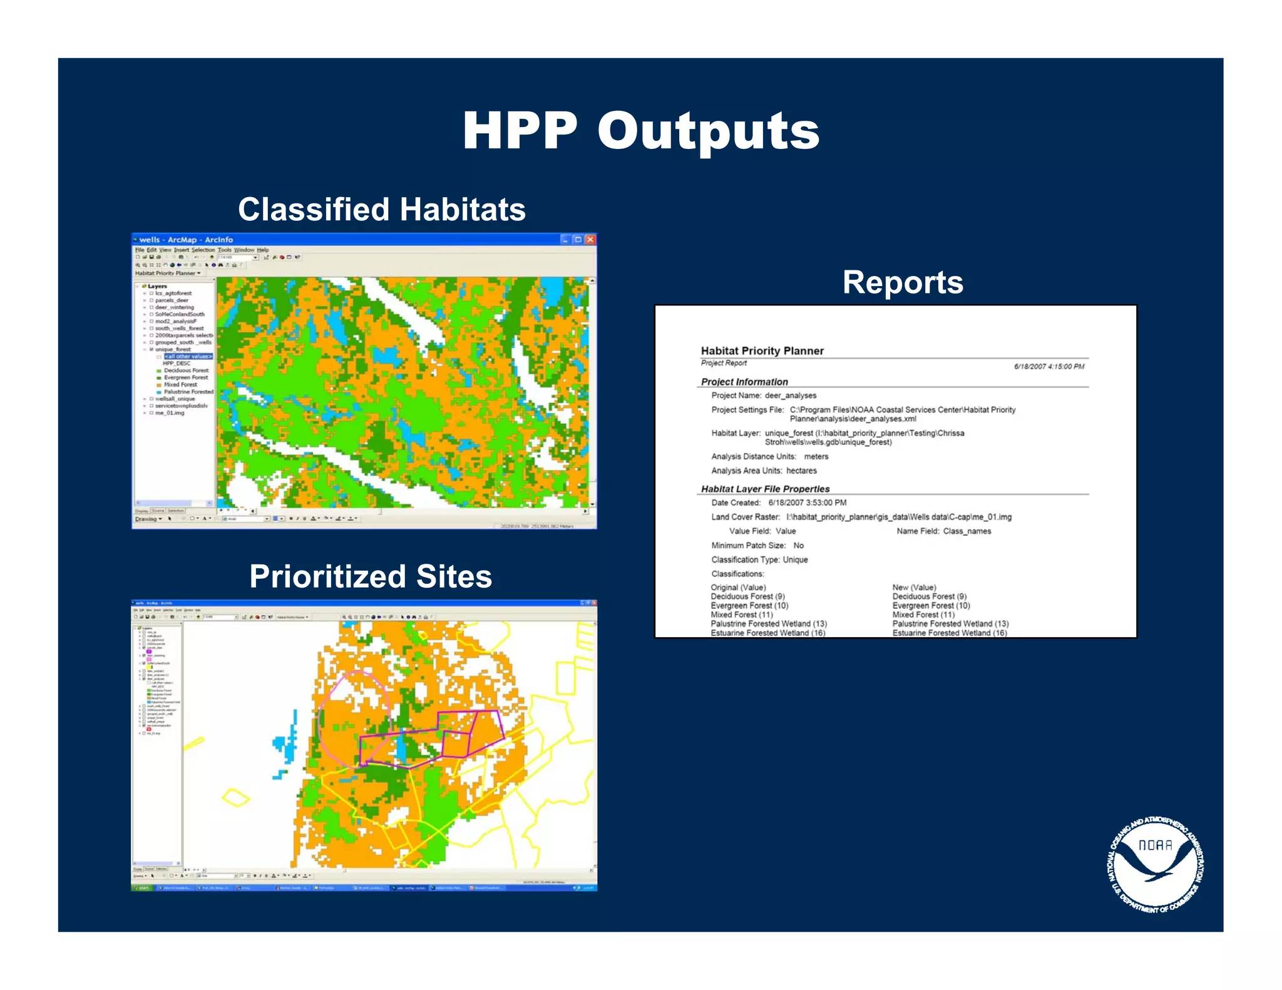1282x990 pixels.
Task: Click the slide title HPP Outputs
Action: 640,131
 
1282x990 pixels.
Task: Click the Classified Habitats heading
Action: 381,210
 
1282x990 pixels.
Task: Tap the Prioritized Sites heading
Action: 371,576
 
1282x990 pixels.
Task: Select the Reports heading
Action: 903,282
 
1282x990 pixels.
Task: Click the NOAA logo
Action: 1156,864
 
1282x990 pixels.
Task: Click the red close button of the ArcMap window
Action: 590,240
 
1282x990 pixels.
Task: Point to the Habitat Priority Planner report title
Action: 762,351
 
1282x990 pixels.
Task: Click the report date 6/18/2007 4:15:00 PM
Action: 1049,367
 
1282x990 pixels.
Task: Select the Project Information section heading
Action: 744,382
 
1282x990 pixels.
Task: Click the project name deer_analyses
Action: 790,395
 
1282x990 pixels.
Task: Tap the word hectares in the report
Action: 801,471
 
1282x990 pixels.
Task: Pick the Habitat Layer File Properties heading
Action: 765,489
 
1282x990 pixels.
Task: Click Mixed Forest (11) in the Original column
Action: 742,615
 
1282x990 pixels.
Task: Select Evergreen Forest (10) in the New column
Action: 931,606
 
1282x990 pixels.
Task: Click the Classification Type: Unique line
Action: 759,559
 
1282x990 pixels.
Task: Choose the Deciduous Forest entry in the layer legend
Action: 186,370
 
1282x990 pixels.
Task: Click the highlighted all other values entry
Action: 188,357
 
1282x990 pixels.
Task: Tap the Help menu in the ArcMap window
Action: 262,250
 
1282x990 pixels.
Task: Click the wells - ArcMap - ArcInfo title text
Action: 186,240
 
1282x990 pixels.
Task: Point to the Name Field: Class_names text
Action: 943,531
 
